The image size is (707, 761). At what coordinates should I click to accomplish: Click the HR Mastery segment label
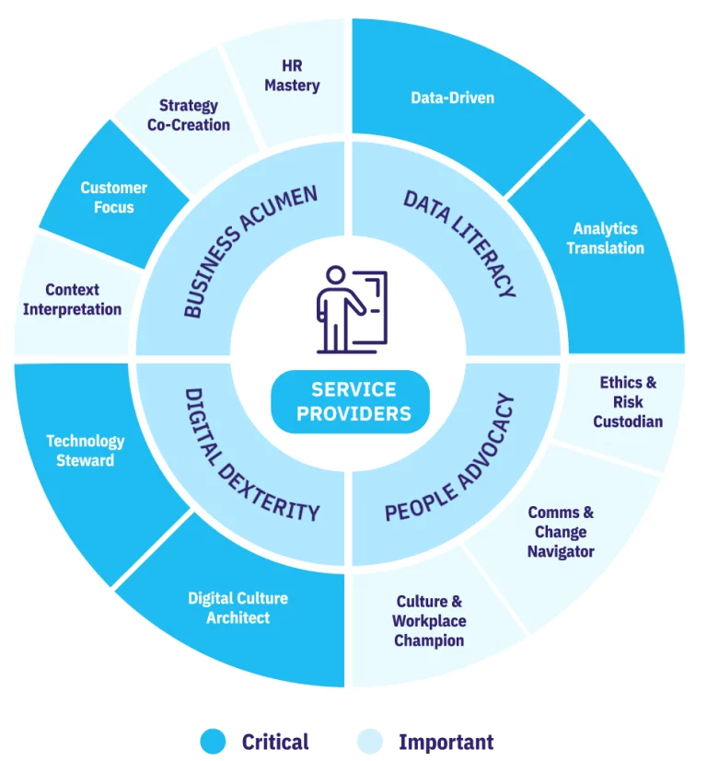point(292,75)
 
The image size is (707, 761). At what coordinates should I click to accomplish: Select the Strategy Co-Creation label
point(189,116)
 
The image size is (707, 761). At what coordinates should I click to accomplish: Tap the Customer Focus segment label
point(113,198)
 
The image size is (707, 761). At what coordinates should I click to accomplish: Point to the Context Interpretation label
point(72,299)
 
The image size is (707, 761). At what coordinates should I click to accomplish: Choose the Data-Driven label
point(453,98)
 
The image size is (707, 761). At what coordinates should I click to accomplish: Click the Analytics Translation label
point(605,238)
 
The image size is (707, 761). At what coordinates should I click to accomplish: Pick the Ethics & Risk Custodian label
point(628,402)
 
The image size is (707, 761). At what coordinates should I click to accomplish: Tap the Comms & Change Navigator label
point(561,532)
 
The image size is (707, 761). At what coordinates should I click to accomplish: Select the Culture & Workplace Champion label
point(429,621)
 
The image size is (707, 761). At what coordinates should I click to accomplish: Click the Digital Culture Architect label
point(238,607)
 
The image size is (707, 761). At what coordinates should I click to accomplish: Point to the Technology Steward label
point(86,450)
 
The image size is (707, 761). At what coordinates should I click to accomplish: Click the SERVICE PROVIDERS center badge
point(350,402)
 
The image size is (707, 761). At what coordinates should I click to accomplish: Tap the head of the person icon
point(335,275)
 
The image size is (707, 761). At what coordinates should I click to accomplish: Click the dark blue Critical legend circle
point(214,742)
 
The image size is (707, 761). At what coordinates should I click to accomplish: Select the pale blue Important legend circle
point(370,742)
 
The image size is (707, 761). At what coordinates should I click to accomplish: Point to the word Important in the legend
point(446,742)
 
